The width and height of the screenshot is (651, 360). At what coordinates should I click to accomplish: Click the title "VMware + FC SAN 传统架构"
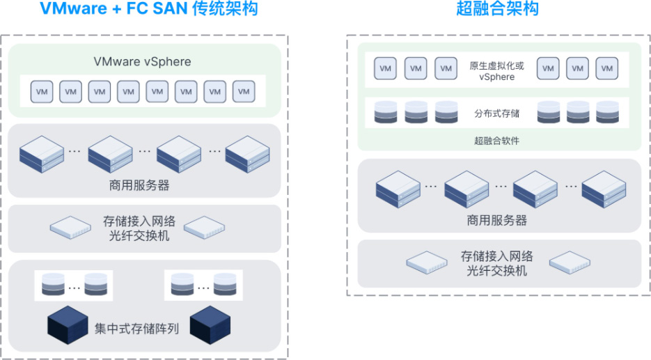(148, 8)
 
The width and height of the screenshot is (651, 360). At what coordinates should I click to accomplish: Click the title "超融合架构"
(497, 8)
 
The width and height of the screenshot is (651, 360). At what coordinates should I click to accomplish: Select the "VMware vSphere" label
(143, 61)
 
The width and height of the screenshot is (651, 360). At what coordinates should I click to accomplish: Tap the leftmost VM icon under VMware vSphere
(42, 92)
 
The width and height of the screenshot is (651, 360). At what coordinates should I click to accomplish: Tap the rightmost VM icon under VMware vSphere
(244, 92)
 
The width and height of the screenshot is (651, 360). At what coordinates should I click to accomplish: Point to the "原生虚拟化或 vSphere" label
(496, 71)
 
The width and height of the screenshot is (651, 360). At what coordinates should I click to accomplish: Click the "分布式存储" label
(496, 114)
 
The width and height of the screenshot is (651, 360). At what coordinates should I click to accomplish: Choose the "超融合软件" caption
(496, 141)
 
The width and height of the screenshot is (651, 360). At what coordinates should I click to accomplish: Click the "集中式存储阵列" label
(136, 329)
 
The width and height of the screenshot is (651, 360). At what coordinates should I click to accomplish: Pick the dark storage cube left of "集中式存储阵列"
(68, 325)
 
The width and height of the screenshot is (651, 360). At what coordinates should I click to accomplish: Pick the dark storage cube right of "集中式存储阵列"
(210, 325)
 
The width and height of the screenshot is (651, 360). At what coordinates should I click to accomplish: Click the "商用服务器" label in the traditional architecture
(139, 185)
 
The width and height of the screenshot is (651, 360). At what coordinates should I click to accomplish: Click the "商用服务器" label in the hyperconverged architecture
(497, 220)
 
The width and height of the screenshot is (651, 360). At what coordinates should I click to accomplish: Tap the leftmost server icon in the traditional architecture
(42, 154)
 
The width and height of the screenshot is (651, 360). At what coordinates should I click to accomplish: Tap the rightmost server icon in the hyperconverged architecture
(604, 189)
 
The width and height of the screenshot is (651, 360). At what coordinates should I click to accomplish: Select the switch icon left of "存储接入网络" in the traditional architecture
(70, 228)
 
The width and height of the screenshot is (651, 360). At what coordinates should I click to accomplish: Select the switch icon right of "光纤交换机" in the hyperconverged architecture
(570, 263)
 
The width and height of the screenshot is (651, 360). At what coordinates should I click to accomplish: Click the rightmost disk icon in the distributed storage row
(607, 112)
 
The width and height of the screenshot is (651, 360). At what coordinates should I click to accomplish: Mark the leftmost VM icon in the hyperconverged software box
(385, 68)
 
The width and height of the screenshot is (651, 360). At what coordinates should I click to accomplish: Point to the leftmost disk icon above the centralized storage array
(53, 284)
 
